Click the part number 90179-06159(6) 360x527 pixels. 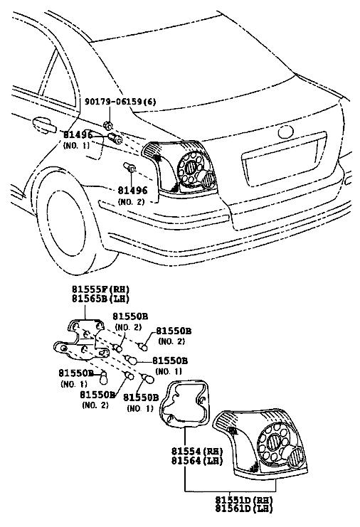pos(120,101)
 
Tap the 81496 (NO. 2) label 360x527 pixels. pos(132,196)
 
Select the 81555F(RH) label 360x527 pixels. pos(100,289)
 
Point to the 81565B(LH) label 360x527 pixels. pos(100,298)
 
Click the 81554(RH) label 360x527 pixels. pos(197,451)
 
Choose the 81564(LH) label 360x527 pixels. pos(197,460)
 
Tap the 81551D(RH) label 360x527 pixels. pos(244,500)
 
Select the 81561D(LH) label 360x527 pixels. pos(244,509)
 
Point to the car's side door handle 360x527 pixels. pos(44,124)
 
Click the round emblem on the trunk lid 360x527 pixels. pos(286,132)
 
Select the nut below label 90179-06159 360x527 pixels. pos(108,126)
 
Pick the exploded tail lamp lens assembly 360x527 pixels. pos(260,443)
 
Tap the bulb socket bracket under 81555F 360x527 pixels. pos(83,339)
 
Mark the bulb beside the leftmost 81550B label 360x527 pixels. pos(104,377)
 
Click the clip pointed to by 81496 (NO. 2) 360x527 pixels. pos(129,167)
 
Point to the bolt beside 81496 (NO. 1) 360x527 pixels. pos(115,138)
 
